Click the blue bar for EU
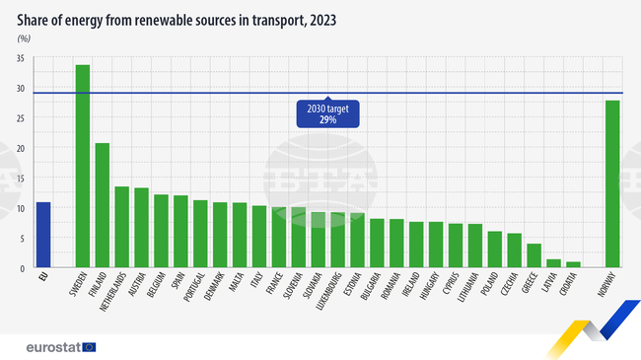(x=42, y=235)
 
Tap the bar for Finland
(x=103, y=205)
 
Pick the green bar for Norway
(x=612, y=183)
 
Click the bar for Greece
(x=534, y=255)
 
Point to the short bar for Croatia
(x=573, y=264)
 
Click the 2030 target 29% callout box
(x=327, y=113)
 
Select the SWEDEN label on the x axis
(x=79, y=287)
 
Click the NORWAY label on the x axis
(x=608, y=287)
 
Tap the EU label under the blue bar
(x=41, y=279)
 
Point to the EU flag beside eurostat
(x=90, y=346)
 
